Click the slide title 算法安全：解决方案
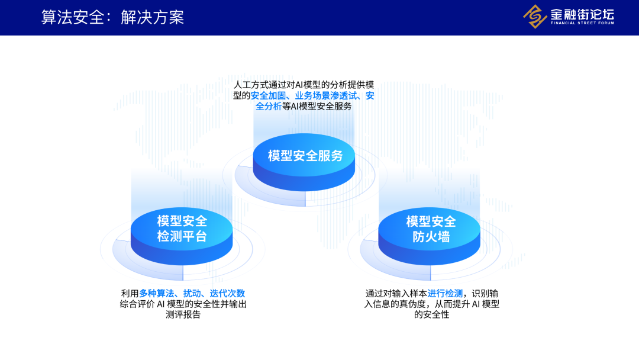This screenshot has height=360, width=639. point(112,17)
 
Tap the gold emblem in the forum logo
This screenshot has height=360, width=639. point(535,17)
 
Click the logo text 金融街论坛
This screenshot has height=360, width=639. point(582,14)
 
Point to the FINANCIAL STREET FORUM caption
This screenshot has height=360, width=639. point(582,23)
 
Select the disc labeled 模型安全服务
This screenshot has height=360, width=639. point(305,157)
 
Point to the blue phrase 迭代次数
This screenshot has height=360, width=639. point(227,294)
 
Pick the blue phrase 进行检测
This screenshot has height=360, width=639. point(445,294)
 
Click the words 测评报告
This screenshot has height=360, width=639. point(183,315)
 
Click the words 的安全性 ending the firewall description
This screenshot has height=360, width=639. point(432,315)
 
